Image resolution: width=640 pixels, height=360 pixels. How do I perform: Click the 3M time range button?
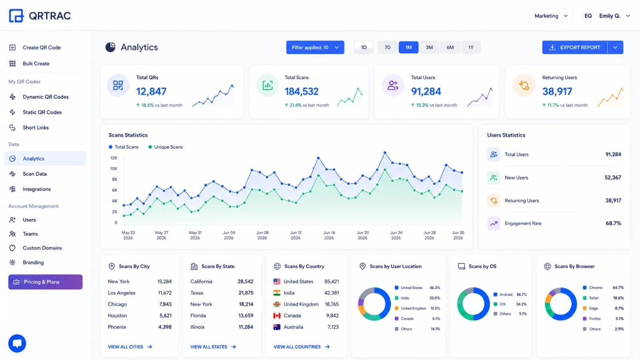(x=429, y=48)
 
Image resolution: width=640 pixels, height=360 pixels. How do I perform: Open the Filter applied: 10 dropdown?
(x=315, y=48)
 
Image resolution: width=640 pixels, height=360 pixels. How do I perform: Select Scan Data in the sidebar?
(x=34, y=174)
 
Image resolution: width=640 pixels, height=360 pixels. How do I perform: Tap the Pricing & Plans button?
(x=46, y=282)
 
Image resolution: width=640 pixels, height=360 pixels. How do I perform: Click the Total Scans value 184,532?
(x=302, y=92)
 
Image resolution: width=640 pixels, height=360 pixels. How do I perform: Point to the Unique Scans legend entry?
(x=166, y=147)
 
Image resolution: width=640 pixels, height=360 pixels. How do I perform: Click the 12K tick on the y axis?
(x=114, y=158)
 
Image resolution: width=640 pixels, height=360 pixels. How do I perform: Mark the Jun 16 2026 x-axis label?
(x=329, y=235)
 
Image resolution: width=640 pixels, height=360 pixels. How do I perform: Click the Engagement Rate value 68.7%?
(x=613, y=224)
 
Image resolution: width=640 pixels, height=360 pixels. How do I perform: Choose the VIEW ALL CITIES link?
(x=130, y=347)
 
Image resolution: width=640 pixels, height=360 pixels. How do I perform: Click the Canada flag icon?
(x=277, y=316)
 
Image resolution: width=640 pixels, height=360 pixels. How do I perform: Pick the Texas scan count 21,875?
(x=246, y=293)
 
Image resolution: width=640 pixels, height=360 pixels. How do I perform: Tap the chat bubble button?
(x=17, y=344)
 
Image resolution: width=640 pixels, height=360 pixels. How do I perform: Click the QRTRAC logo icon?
(x=16, y=16)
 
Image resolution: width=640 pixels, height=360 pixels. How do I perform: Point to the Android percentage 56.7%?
(x=522, y=294)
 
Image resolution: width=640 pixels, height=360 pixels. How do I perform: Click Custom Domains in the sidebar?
(x=42, y=248)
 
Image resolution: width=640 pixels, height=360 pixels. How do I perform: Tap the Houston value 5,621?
(x=166, y=316)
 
